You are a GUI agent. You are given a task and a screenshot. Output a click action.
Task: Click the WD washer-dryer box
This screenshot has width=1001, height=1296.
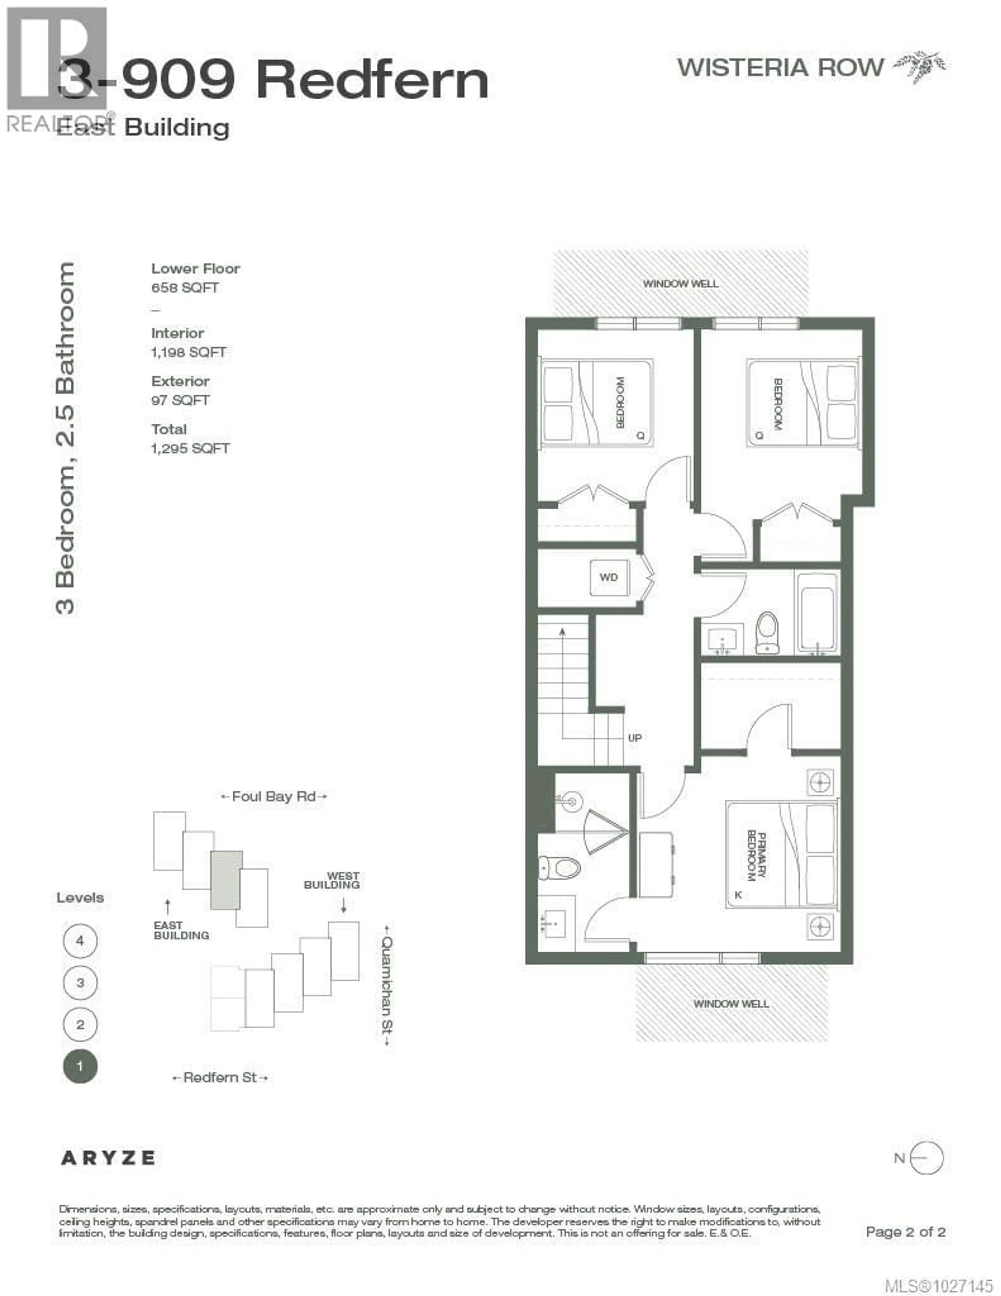[608, 577]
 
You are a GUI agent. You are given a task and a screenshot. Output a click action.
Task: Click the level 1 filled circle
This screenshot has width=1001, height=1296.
[80, 1066]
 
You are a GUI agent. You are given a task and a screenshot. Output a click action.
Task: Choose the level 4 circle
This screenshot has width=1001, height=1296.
[80, 941]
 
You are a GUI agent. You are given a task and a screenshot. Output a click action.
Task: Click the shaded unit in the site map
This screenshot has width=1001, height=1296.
[226, 880]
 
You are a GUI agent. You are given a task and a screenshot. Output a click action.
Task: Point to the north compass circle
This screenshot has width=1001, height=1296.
[926, 1158]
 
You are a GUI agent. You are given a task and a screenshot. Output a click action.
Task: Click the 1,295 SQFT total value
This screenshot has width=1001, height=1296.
[190, 449]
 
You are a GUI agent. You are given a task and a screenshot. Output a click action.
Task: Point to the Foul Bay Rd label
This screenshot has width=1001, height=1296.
[273, 796]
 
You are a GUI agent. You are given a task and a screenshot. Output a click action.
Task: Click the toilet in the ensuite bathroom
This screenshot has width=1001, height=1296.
[558, 868]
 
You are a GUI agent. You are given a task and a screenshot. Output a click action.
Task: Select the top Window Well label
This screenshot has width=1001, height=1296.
[681, 284]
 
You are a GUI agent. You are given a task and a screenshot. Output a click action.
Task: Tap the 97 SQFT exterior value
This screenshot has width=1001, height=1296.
[180, 400]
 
